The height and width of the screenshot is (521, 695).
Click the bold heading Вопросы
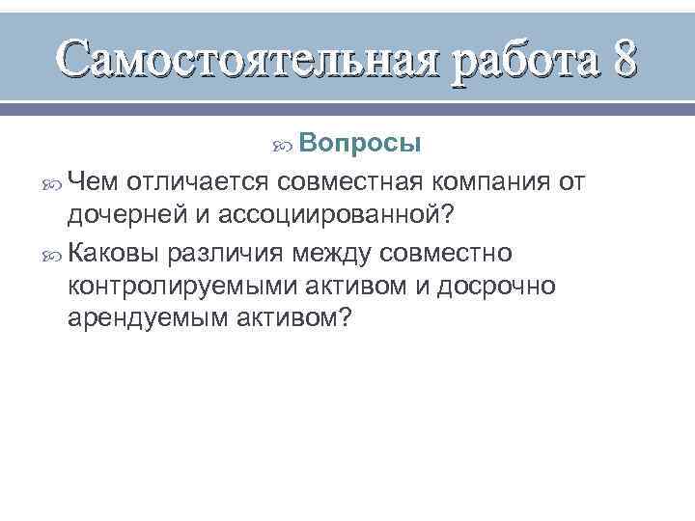coord(359,144)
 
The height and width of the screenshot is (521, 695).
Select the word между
coord(328,253)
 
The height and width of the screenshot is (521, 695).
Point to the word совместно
coord(447,253)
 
